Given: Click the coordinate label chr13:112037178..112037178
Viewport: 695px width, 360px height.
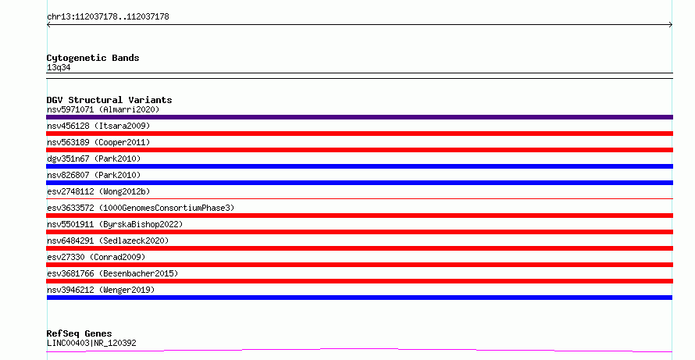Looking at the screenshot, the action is pos(108,16).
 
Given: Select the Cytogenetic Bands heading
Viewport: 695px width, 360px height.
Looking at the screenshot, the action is pos(93,58).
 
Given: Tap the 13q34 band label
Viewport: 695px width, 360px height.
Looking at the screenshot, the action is pos(59,67).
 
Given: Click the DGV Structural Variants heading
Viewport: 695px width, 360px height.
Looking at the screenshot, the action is pos(109,100).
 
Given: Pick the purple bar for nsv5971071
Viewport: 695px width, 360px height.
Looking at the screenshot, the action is pos(359,117).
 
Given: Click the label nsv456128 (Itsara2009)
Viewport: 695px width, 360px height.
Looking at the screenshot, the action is pos(98,126).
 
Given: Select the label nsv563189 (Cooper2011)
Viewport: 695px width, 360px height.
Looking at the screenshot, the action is pos(98,142).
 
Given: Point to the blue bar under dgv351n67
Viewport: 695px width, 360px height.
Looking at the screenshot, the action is pos(359,166).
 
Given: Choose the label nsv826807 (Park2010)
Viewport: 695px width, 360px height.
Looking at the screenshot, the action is pos(94,175).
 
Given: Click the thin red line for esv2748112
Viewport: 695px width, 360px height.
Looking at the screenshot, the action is pos(359,198).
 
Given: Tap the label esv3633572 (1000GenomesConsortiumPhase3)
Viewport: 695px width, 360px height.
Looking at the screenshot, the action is pos(141,208).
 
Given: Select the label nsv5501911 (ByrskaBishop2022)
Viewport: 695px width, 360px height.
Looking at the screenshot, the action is pos(115,224).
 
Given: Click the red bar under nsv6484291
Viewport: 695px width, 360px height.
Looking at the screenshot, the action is pos(359,248).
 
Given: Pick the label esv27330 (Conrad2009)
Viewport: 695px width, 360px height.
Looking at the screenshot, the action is pos(96,257).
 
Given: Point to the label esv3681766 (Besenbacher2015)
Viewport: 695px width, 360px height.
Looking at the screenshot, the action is pos(112,273).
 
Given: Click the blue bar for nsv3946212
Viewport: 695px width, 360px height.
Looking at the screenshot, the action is pos(359,298).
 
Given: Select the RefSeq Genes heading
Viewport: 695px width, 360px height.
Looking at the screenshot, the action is pos(79,333).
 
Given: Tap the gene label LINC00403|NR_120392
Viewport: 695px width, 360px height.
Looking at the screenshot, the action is pos(91,343).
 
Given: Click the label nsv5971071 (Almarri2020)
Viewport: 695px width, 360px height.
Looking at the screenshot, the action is pos(103,109).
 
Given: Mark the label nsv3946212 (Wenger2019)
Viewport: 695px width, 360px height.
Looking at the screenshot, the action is pos(101,290).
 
